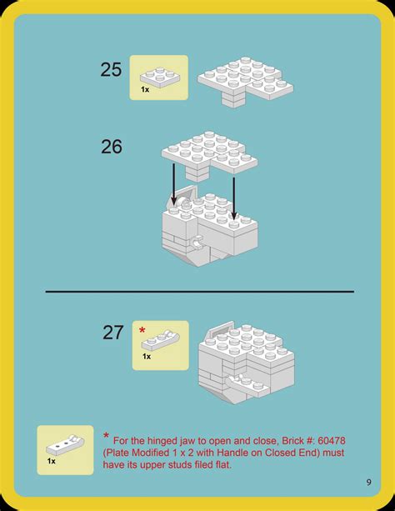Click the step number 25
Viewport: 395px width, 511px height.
111,69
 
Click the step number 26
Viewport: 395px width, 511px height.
111,147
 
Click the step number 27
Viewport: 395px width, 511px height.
113,333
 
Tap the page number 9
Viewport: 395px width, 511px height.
367,482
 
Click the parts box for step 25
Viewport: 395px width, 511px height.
158,78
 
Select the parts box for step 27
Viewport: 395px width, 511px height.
160,344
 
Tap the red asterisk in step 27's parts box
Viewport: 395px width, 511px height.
142,331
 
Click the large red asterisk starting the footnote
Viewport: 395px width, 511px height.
107,437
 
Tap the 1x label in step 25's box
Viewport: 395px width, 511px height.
145,88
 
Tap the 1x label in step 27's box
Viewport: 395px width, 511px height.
146,356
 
